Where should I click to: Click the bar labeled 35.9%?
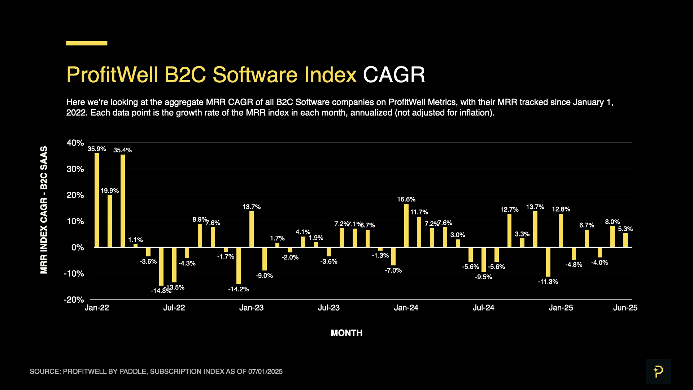(97, 200)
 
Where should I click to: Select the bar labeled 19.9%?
(110, 221)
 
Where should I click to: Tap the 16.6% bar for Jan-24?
(406, 225)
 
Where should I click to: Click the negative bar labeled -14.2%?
(239, 265)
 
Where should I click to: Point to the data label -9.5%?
(483, 277)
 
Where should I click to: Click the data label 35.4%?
(122, 150)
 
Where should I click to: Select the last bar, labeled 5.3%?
(626, 240)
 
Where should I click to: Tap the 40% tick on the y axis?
(75, 143)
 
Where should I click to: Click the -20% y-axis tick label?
(74, 300)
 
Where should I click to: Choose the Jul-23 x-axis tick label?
(328, 308)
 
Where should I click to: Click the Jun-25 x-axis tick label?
(625, 308)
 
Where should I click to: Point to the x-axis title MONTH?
(346, 333)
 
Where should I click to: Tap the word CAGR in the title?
(394, 75)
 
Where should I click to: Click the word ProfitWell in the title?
(112, 75)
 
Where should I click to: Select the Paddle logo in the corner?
(658, 371)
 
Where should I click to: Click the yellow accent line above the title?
(87, 43)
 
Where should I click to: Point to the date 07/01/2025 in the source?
(265, 372)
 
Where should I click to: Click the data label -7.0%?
(393, 270)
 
